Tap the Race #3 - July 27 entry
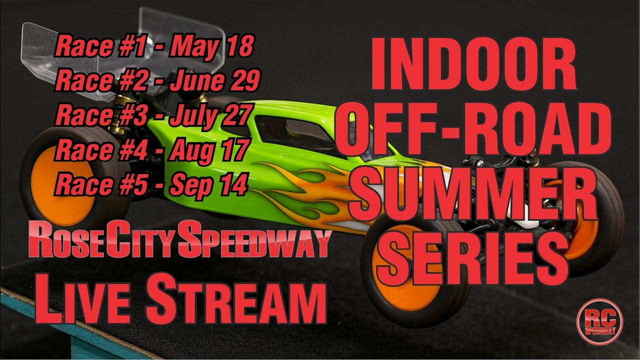[x=152, y=116]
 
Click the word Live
[x=85, y=298]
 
